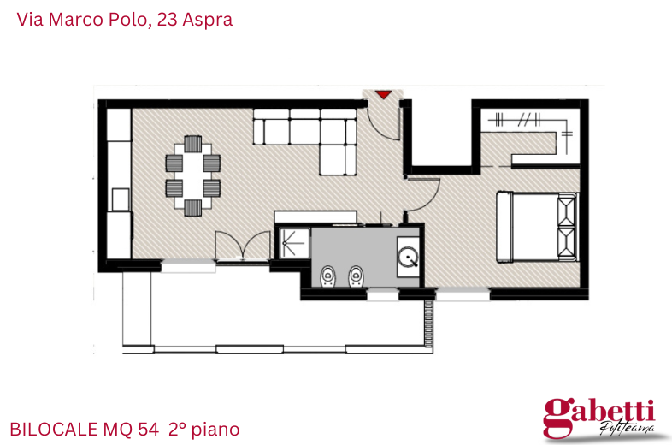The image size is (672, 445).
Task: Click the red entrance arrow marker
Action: tap(383, 94)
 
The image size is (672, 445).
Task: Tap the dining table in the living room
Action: tap(192, 175)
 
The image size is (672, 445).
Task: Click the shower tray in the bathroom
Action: tap(293, 242)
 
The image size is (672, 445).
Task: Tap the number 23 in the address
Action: tap(168, 19)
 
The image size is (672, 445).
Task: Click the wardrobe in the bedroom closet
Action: tap(527, 122)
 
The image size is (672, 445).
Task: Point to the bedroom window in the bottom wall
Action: tap(462, 294)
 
